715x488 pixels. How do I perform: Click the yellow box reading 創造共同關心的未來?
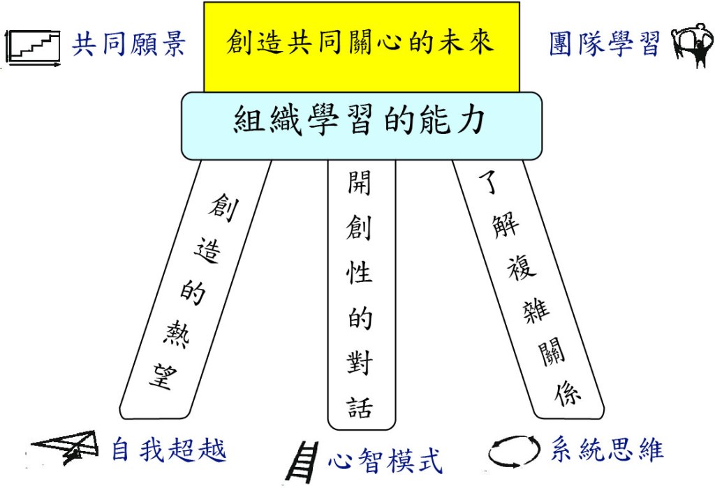click(361, 43)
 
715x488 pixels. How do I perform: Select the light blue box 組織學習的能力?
click(361, 124)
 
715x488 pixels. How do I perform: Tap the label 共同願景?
click(129, 45)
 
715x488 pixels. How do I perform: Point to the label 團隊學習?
click(605, 45)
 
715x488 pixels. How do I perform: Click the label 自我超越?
click(169, 450)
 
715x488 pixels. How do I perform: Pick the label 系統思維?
click(606, 449)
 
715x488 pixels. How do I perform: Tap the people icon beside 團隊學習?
click(692, 45)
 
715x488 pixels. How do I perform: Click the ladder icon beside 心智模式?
click(301, 461)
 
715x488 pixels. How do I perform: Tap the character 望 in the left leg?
click(162, 377)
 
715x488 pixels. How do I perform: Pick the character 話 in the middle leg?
click(360, 407)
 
